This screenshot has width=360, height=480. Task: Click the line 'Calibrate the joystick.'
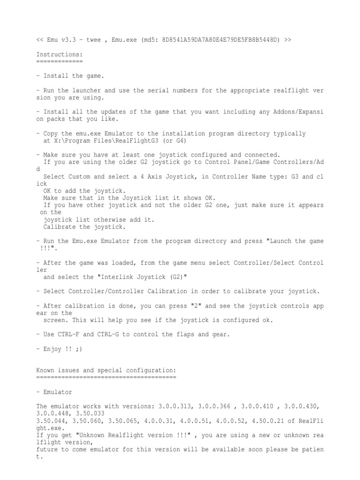84,227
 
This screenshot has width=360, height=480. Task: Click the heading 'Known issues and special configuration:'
106,370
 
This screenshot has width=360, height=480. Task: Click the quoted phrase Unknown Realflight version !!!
115,435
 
